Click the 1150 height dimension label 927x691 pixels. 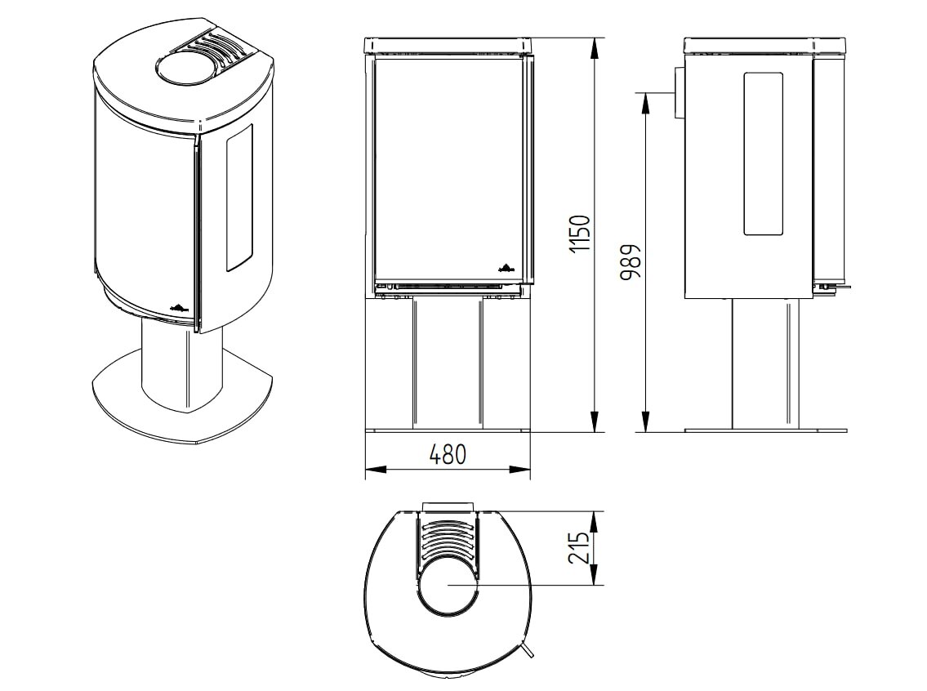pyautogui.click(x=579, y=234)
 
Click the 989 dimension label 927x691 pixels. pyautogui.click(x=631, y=261)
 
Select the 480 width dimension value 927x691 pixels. pyautogui.click(x=448, y=454)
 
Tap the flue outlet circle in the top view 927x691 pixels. pyautogui.click(x=447, y=586)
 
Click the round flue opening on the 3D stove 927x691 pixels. pyautogui.click(x=184, y=68)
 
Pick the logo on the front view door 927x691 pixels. pyautogui.click(x=506, y=265)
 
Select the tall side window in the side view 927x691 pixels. pyautogui.click(x=763, y=154)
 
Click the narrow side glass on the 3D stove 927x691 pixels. pyautogui.click(x=239, y=198)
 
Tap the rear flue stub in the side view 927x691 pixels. pyautogui.click(x=678, y=92)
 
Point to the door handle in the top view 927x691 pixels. pyautogui.click(x=530, y=649)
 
